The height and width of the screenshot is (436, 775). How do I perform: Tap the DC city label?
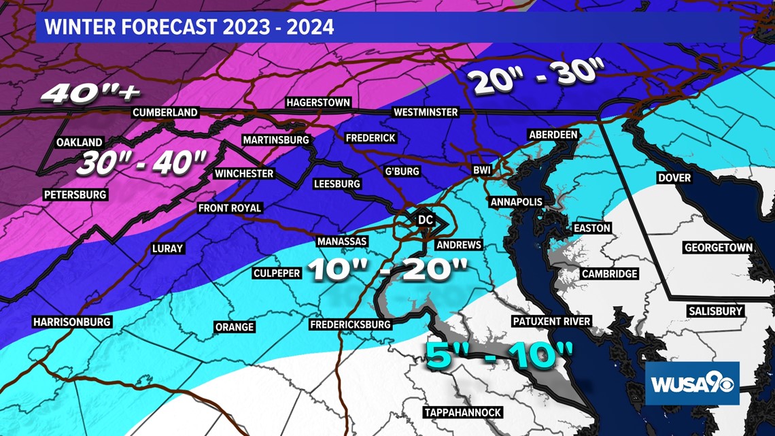(x=426, y=220)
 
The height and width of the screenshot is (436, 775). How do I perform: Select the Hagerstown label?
(x=318, y=103)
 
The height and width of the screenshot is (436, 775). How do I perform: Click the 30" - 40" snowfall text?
(x=141, y=163)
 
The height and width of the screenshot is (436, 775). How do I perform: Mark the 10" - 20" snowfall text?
(x=387, y=269)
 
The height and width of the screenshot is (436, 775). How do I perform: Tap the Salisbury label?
(x=714, y=311)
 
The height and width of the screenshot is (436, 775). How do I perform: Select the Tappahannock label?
(x=462, y=412)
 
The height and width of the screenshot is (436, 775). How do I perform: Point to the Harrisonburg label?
(x=71, y=322)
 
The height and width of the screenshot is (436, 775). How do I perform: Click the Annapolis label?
(x=517, y=202)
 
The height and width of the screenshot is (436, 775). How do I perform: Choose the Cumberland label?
(x=165, y=112)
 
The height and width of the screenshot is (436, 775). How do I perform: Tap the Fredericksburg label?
(x=350, y=324)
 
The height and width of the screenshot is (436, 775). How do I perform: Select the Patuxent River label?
(x=551, y=321)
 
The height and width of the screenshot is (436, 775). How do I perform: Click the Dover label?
(x=674, y=178)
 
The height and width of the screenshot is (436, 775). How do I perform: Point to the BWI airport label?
(x=482, y=170)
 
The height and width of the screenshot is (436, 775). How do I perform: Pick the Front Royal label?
(x=229, y=208)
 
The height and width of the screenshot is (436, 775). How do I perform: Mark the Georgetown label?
(x=719, y=248)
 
